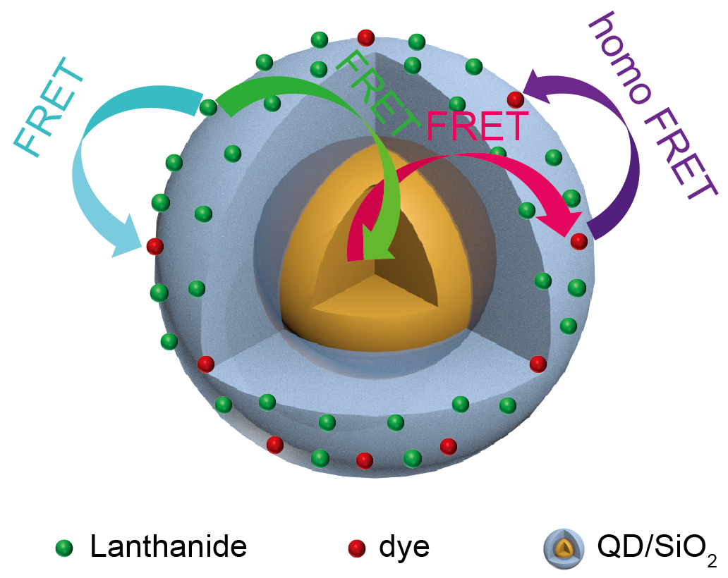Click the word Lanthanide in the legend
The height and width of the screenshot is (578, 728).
[169, 546]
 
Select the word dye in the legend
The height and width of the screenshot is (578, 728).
[404, 546]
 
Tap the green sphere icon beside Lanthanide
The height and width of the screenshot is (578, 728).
[64, 548]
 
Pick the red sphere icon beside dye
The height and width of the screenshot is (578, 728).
[357, 548]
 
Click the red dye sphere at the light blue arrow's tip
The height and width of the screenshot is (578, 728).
[154, 247]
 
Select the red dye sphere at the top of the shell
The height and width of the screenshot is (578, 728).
[365, 37]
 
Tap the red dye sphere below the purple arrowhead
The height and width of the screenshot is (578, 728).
[515, 99]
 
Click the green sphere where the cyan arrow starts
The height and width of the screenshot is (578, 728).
[208, 107]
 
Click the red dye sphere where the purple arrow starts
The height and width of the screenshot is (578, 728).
[578, 241]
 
